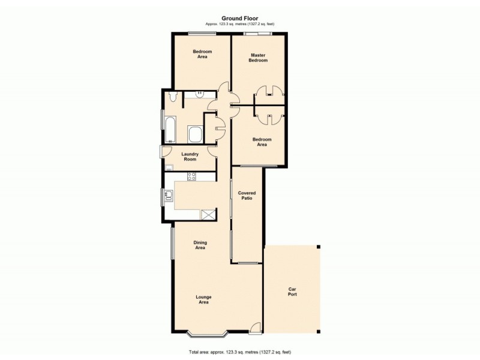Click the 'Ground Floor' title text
pyautogui.click(x=239, y=18)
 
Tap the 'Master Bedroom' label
pyautogui.click(x=258, y=58)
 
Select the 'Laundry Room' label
pyautogui.click(x=190, y=157)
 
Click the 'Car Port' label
pyautogui.click(x=292, y=292)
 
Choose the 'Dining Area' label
pyautogui.click(x=200, y=245)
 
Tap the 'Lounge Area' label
pyautogui.click(x=203, y=299)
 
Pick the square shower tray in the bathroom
pyautogui.click(x=196, y=134)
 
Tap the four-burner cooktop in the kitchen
pyautogui.click(x=192, y=176)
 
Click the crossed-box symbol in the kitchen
pyautogui.click(x=208, y=215)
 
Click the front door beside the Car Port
pyautogui.click(x=256, y=328)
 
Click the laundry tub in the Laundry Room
pyautogui.click(x=169, y=167)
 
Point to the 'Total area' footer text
pyautogui.click(x=239, y=352)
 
